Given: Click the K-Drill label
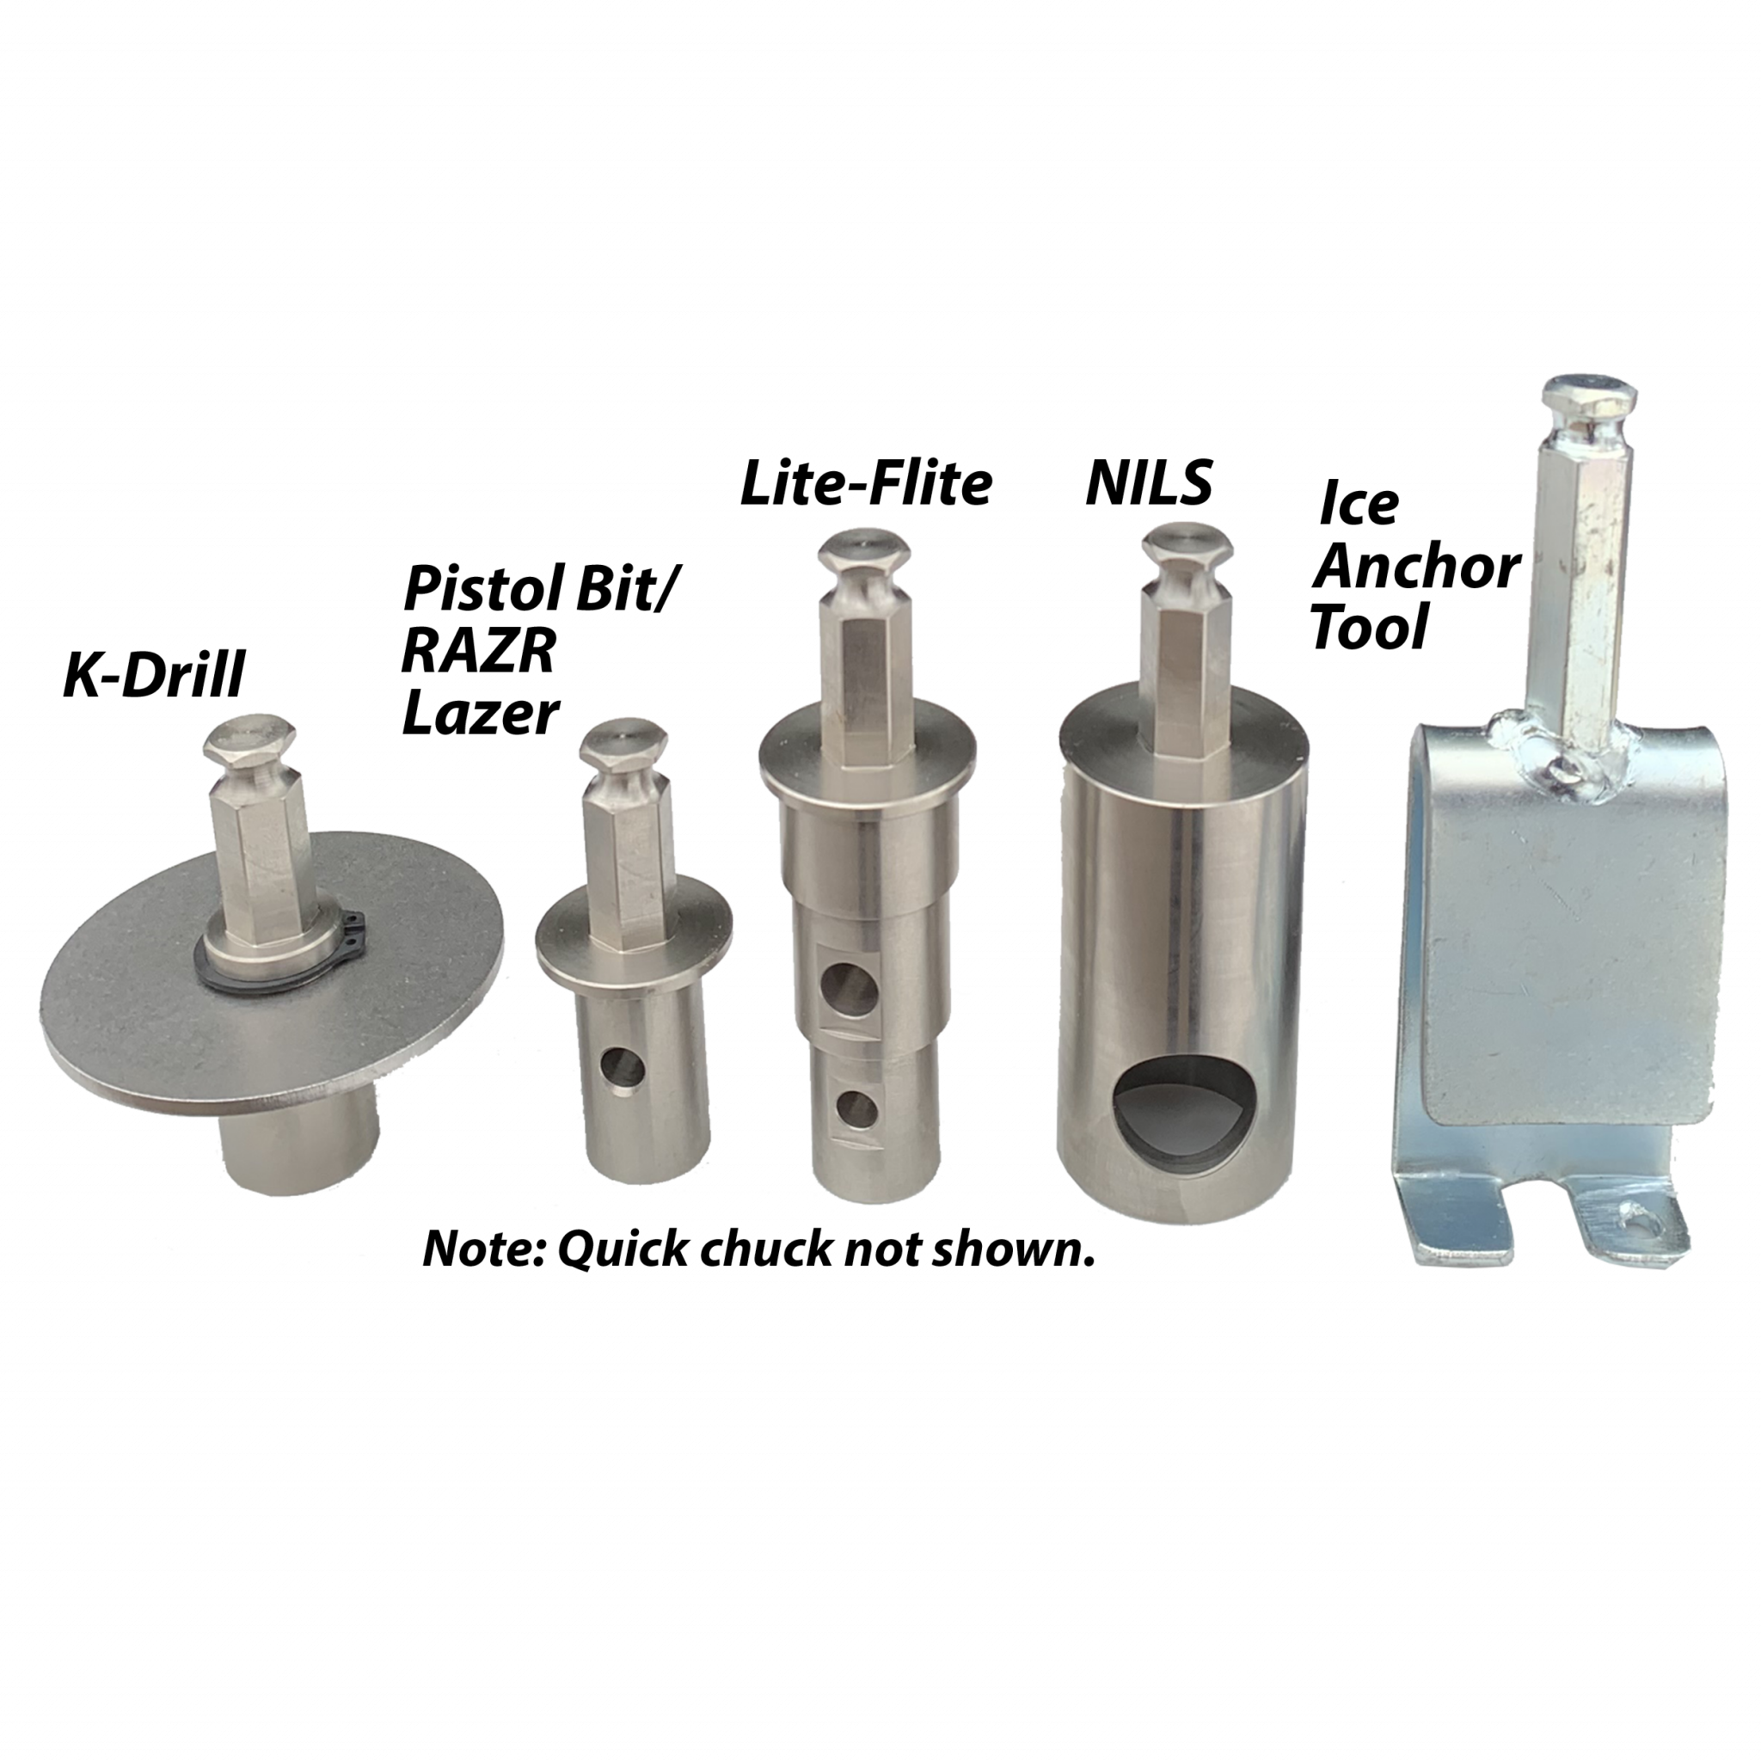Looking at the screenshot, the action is [154, 677].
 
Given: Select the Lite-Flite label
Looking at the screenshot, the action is [865, 483].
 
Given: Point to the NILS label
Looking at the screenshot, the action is [1149, 482].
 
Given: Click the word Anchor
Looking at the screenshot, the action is [1416, 567].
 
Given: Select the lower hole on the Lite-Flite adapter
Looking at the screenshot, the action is [856, 1109].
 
